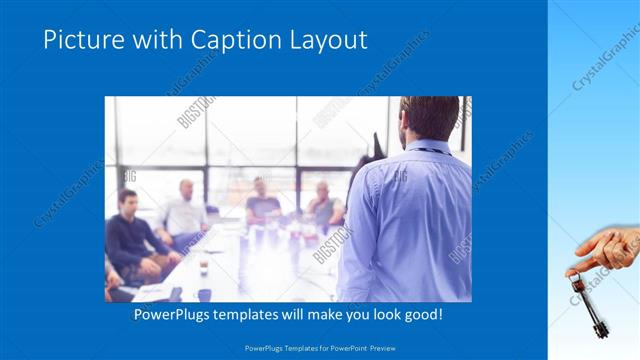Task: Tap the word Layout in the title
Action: [x=325, y=40]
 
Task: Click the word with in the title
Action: [x=150, y=40]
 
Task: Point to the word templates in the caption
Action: [x=260, y=315]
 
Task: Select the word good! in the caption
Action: [x=421, y=315]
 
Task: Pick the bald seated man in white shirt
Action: [x=184, y=211]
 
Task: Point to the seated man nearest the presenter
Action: [x=324, y=205]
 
